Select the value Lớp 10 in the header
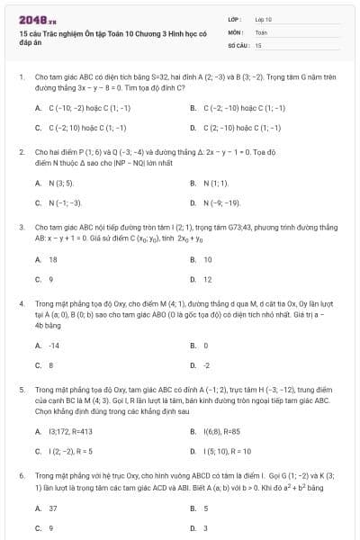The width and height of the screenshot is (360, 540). point(263,19)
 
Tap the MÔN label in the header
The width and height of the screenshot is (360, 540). point(236,31)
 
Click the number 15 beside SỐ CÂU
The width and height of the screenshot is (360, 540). point(258,44)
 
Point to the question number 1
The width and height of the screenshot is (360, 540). point(20,78)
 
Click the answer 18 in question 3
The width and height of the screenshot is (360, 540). point(53,259)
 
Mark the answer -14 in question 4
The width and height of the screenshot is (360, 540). point(54,345)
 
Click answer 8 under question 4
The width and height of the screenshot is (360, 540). point(51,364)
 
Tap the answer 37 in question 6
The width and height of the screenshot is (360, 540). point(53,508)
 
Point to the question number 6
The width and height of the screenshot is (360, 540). point(20,472)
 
